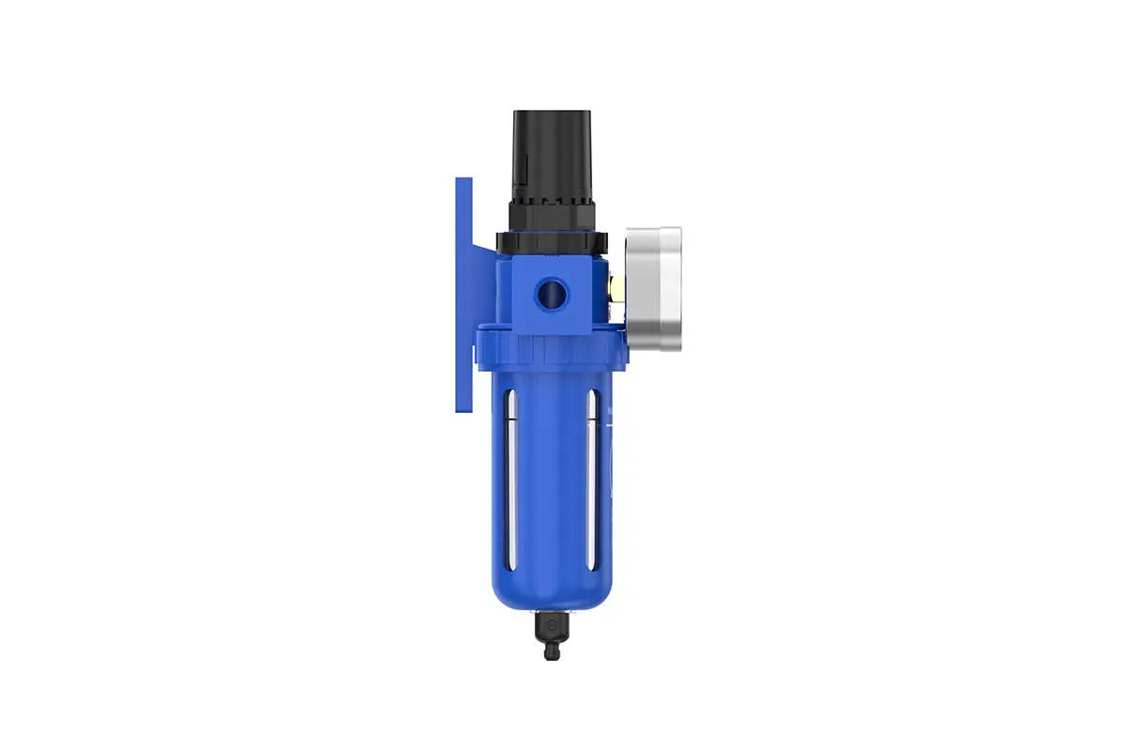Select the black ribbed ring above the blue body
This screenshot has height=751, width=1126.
552,243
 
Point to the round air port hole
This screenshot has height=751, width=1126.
551,295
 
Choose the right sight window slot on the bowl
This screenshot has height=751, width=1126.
592,479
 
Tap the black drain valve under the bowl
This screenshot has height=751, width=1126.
551,629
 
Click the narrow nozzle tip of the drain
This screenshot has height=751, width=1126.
552,652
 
